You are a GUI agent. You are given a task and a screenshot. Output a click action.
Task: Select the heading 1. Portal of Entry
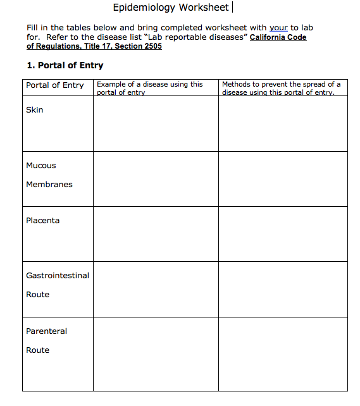click(65, 65)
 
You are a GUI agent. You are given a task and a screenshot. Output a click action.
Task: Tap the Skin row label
click(35, 110)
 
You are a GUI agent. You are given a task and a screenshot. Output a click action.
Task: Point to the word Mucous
click(41, 166)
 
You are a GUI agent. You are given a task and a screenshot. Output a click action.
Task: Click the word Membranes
click(49, 185)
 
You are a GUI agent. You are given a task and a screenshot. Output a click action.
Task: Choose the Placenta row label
click(43, 221)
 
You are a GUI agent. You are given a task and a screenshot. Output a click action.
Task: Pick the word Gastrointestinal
click(58, 276)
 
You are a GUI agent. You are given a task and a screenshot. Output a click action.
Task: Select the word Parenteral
click(46, 331)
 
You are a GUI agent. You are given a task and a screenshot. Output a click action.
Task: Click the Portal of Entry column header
click(55, 85)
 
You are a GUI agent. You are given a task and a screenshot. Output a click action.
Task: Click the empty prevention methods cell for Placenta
click(283, 234)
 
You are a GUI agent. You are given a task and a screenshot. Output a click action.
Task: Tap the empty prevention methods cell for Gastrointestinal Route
click(283, 289)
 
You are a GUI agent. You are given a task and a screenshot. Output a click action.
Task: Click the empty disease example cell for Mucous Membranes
click(156, 179)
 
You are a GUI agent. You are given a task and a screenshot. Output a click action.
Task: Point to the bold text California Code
click(278, 37)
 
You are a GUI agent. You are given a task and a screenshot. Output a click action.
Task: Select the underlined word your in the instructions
click(278, 28)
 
